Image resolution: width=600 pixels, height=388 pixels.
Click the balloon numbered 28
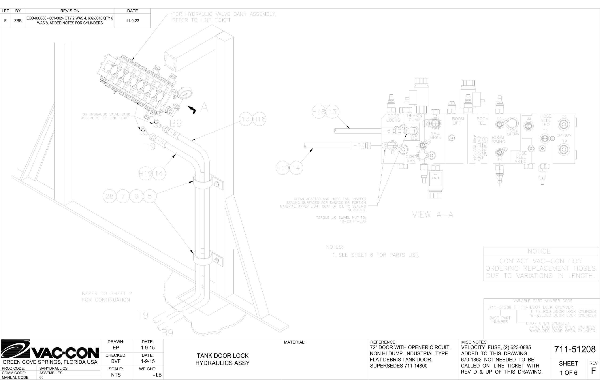pos(109,196)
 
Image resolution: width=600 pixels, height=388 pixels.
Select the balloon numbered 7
pos(123,196)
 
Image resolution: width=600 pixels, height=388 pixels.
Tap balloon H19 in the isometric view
pos(145,173)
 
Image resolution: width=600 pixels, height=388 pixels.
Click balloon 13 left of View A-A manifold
pos(332,112)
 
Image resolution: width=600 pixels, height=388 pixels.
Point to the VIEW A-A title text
pos(433,215)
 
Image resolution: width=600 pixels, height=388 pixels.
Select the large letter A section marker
pos(204,107)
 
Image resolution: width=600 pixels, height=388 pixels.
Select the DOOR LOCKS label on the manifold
pos(393,118)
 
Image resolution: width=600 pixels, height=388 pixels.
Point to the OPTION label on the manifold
pos(564,135)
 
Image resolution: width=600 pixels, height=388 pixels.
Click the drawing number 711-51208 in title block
pos(575,349)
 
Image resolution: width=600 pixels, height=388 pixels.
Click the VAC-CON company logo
pos(50,350)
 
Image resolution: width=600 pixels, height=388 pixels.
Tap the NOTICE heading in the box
pos(539,251)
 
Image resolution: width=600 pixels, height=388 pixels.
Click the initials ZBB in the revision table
pos(18,21)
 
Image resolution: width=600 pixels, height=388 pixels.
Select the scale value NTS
pos(116,375)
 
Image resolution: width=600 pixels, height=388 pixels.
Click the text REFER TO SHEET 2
pos(107,293)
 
